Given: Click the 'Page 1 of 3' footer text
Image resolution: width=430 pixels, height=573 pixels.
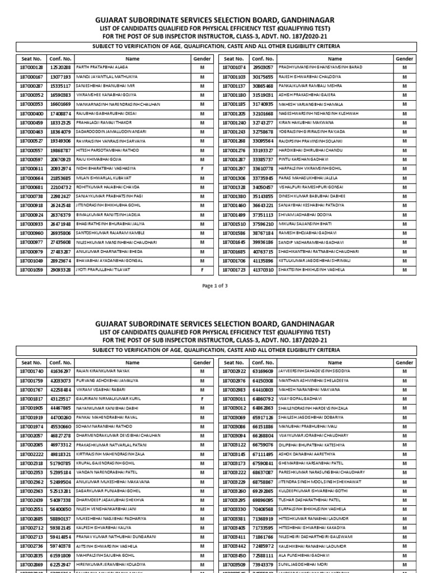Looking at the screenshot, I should (215, 285).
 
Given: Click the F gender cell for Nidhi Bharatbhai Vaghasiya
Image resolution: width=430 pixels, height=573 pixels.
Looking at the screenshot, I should (200, 168).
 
